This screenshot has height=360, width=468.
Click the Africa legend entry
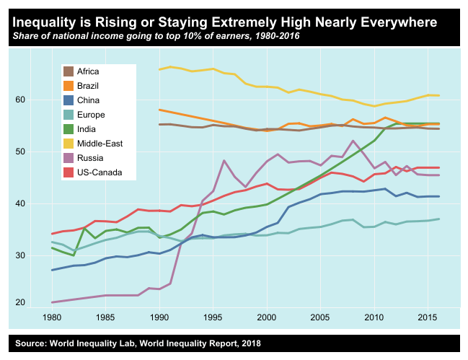pos(91,71)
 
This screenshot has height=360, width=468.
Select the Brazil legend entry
pos(90,86)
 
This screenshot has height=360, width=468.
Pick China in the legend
pos(90,100)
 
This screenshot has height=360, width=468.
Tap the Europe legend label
pos(93,115)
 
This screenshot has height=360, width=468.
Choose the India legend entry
pos(89,129)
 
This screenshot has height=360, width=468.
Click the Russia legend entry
pos(92,158)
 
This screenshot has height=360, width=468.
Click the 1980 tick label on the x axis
pos(52,317)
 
